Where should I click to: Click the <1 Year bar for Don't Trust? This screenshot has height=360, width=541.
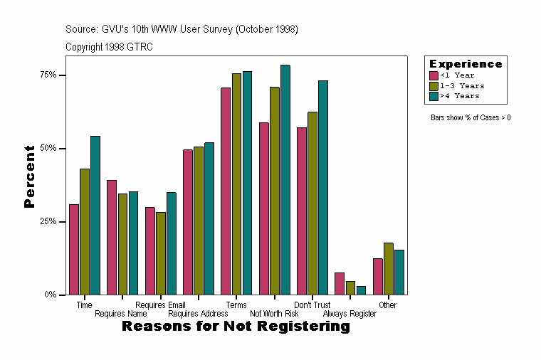(x=302, y=211)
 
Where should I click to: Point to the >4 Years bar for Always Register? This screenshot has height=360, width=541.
(x=361, y=290)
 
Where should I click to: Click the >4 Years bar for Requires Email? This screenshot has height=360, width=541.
(x=172, y=243)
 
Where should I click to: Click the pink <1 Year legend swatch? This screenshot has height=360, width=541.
(x=434, y=75)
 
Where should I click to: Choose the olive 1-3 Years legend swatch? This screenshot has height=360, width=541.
(x=434, y=85)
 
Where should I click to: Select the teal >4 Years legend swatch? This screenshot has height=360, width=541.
(x=434, y=95)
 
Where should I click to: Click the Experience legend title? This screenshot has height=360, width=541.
(x=466, y=64)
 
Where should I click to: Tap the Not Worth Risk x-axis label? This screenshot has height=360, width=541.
(x=274, y=314)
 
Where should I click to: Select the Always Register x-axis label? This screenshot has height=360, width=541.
(x=350, y=314)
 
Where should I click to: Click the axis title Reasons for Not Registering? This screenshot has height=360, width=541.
(x=236, y=327)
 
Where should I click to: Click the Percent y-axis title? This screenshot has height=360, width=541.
(x=29, y=176)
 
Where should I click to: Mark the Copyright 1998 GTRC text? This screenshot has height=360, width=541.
(x=109, y=47)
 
